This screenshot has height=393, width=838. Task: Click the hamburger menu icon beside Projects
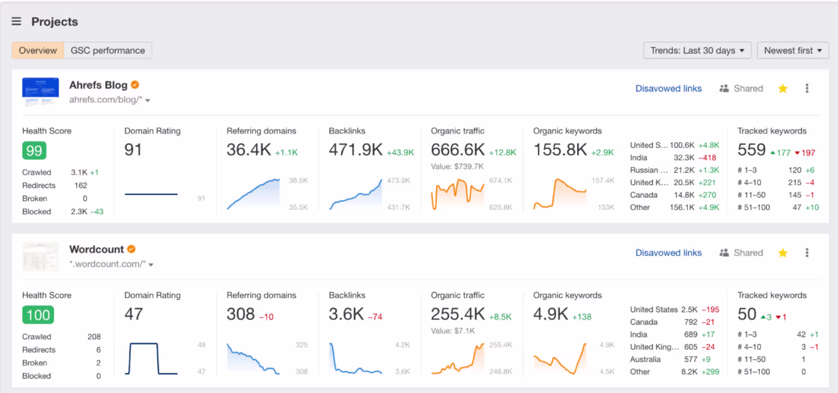pyautogui.click(x=17, y=22)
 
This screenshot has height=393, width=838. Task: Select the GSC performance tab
pyautogui.click(x=108, y=50)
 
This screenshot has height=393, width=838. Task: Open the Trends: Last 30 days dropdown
pyautogui.click(x=697, y=50)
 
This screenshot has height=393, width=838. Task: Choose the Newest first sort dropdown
pyautogui.click(x=793, y=50)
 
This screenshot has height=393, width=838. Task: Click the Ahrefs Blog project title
pyautogui.click(x=98, y=85)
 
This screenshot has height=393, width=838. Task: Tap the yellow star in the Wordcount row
pyautogui.click(x=783, y=253)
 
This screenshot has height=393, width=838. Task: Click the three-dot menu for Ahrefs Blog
pyautogui.click(x=807, y=88)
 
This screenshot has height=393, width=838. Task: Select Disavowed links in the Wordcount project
pyautogui.click(x=668, y=253)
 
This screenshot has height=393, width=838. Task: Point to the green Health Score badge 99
pyautogui.click(x=34, y=151)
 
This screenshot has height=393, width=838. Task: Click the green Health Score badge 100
pyautogui.click(x=38, y=315)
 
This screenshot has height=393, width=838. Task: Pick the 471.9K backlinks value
pyautogui.click(x=355, y=150)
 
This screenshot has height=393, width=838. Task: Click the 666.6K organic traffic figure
pyautogui.click(x=458, y=150)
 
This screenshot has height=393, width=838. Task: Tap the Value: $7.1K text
pyautogui.click(x=453, y=331)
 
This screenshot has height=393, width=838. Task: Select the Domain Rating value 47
pyautogui.click(x=134, y=314)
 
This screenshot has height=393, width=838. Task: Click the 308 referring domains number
pyautogui.click(x=241, y=314)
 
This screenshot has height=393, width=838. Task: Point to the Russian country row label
pyautogui.click(x=648, y=170)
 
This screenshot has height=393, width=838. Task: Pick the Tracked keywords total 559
pyautogui.click(x=751, y=150)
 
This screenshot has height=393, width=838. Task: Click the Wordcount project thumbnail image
pyautogui.click(x=40, y=256)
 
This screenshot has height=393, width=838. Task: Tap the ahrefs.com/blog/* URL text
pyautogui.click(x=106, y=100)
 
